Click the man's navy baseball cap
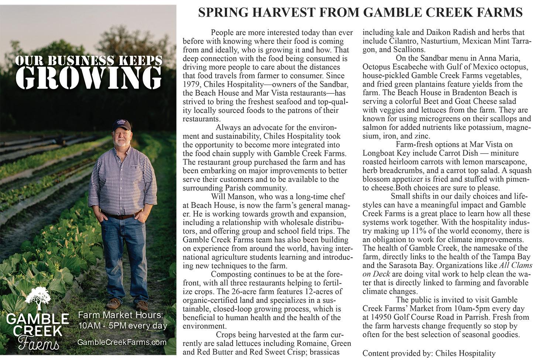(121, 124)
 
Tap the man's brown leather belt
(121, 216)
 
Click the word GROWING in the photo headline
(89, 78)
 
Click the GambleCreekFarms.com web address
(122, 342)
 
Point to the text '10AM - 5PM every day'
(123, 326)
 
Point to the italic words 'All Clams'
(516, 265)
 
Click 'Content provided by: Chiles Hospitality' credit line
(429, 353)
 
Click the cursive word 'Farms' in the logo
(38, 343)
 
